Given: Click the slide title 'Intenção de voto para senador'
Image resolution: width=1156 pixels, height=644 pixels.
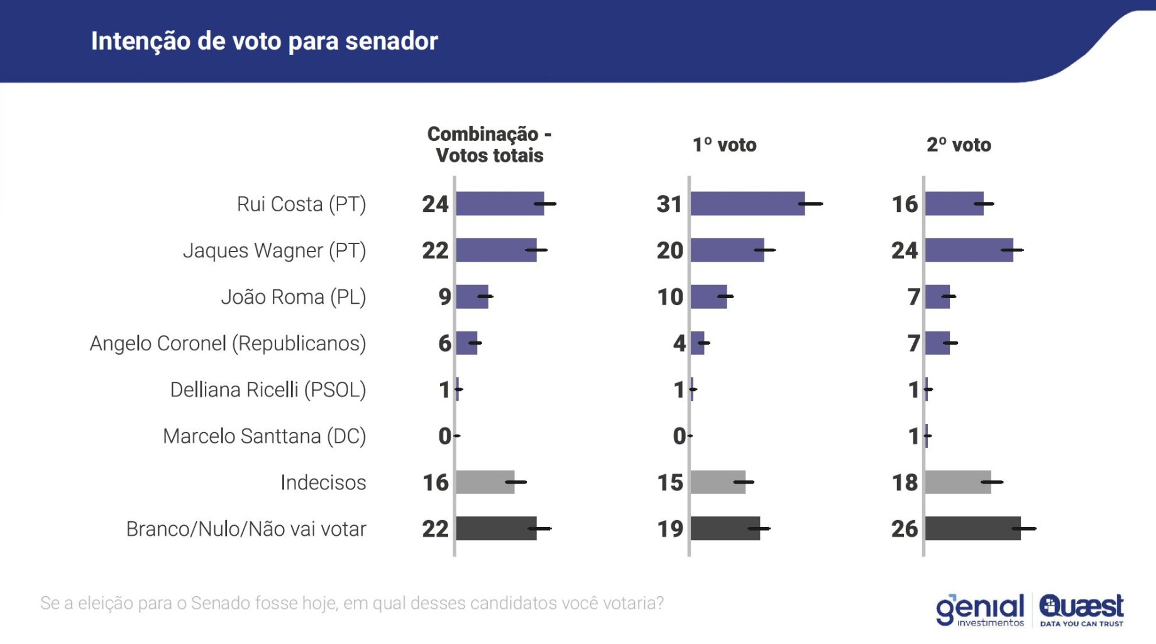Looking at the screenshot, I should point(264,42).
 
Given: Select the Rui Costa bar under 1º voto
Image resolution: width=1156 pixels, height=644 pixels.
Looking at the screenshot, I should point(747,204).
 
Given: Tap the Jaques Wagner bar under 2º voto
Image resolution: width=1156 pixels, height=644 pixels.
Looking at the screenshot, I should point(969,250).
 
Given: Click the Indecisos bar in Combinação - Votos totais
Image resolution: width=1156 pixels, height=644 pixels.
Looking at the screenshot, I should point(485,482).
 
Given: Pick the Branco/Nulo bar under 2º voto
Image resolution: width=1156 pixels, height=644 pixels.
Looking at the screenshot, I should point(972,529).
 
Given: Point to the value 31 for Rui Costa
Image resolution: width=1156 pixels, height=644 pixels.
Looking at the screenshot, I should point(669,204).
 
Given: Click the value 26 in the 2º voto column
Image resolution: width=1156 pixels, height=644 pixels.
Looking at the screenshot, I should point(905,529).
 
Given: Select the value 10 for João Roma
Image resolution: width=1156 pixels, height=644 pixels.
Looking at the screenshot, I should point(670,297).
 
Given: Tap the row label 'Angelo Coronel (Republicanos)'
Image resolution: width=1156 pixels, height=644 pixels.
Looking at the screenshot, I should point(228,343).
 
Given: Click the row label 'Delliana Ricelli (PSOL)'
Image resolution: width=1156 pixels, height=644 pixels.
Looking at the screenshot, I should point(268,390).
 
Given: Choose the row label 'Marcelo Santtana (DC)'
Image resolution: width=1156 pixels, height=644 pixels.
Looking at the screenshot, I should point(264,436).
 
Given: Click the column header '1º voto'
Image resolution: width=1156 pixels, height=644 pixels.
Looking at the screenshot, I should point(724,145).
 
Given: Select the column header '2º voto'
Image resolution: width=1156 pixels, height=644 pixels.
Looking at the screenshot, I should point(959,145).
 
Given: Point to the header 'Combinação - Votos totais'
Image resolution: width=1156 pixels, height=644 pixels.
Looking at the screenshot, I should point(489,145).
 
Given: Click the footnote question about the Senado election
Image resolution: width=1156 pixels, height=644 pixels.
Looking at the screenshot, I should point(352,603).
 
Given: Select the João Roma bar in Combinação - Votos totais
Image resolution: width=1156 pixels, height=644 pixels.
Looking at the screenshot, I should point(472,297).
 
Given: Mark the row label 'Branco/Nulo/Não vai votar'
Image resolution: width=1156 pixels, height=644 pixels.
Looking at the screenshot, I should point(246,529).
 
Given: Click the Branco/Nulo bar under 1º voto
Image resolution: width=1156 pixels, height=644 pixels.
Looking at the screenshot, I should point(725,529).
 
